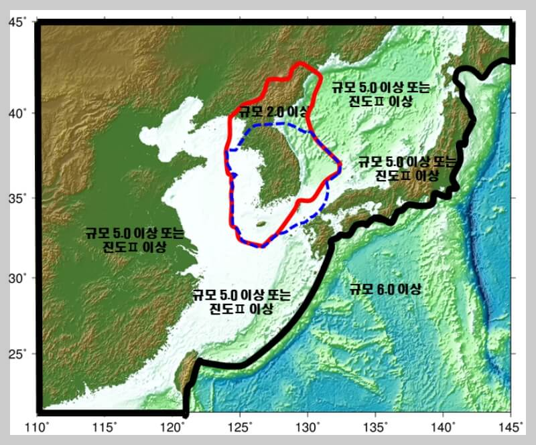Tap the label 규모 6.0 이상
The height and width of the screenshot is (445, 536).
pyautogui.click(x=385, y=289)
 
